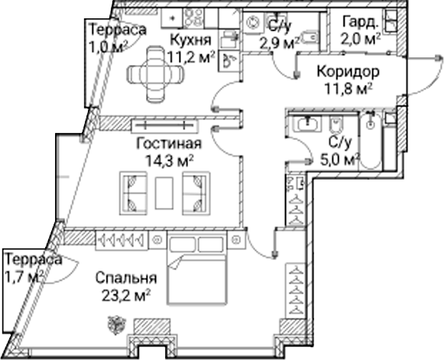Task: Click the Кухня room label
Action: [191, 41]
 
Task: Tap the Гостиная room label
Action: [169, 144]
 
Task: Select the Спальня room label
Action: [126, 278]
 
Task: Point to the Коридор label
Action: [348, 72]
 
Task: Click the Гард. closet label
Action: [361, 22]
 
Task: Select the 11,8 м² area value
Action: [348, 89]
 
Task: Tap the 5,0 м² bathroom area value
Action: [340, 161]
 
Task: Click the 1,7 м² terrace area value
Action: [24, 277]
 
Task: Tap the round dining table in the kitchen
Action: [155, 74]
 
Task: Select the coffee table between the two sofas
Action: [164, 193]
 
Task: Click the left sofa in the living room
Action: [134, 193]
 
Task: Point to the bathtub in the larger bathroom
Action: [371, 141]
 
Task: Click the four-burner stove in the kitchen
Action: [193, 18]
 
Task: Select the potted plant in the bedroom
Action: [116, 324]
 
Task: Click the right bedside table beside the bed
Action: [235, 240]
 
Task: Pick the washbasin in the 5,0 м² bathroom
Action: [307, 124]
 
